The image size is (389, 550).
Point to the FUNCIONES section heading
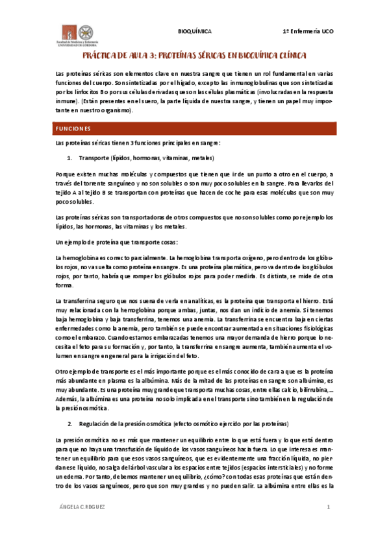tap(73, 128)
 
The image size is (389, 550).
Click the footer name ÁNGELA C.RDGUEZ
tap(81, 507)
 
